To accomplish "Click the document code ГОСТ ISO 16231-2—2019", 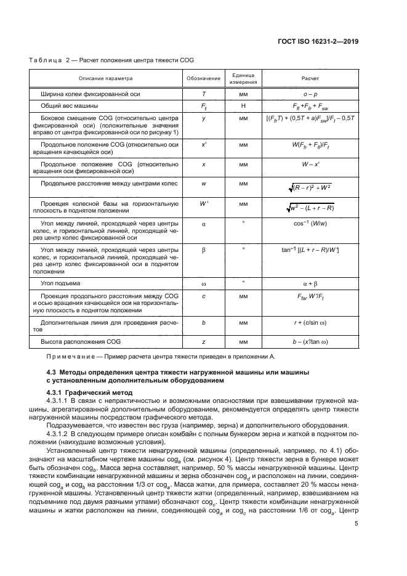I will tap(320, 41).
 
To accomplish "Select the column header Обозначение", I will tap(203, 79).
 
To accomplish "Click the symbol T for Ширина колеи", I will tap(203, 95).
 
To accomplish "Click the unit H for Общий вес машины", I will tap(243, 106).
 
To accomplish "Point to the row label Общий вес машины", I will tap(66, 106).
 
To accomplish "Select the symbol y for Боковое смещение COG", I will tap(203, 117).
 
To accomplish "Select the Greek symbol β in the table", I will tap(203, 249).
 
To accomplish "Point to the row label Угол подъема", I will tap(60, 283).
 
